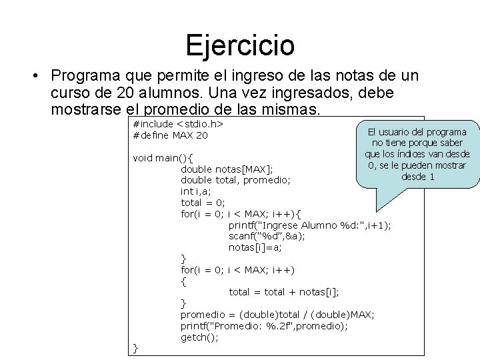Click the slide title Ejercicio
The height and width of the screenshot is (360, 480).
[x=240, y=45]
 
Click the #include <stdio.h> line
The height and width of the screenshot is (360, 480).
[x=178, y=124]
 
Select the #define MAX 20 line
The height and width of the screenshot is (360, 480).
[x=171, y=135]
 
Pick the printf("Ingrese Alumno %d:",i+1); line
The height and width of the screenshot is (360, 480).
[x=310, y=225]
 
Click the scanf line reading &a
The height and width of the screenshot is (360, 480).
[x=267, y=236]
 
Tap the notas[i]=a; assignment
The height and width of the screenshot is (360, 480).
[x=255, y=247]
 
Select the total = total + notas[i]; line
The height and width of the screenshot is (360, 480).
[x=284, y=292]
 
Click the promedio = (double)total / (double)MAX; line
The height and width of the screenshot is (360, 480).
[x=277, y=315]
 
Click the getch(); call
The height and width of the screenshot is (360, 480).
[x=199, y=337]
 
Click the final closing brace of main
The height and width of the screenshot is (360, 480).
[x=136, y=348]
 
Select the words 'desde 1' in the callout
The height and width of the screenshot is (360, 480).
[x=418, y=177]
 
